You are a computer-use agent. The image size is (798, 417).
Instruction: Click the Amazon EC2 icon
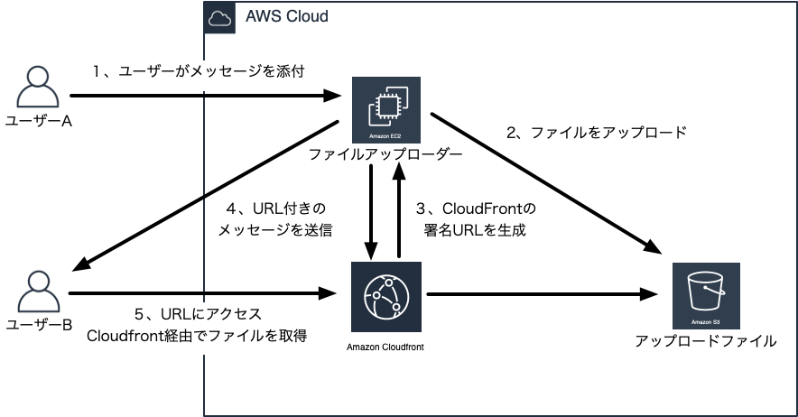coord(385,111)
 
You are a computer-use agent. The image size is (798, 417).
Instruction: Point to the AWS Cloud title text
coord(286,16)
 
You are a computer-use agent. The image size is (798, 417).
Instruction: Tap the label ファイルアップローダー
coord(385,155)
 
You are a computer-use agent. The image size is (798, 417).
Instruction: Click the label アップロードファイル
coord(706,341)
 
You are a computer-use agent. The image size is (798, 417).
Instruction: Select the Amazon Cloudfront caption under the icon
coord(385,347)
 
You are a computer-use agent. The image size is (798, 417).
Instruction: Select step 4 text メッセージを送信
coord(274,230)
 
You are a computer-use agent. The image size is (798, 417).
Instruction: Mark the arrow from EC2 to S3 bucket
coord(542,181)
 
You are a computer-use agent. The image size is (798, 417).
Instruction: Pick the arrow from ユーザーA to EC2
coord(208,95)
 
